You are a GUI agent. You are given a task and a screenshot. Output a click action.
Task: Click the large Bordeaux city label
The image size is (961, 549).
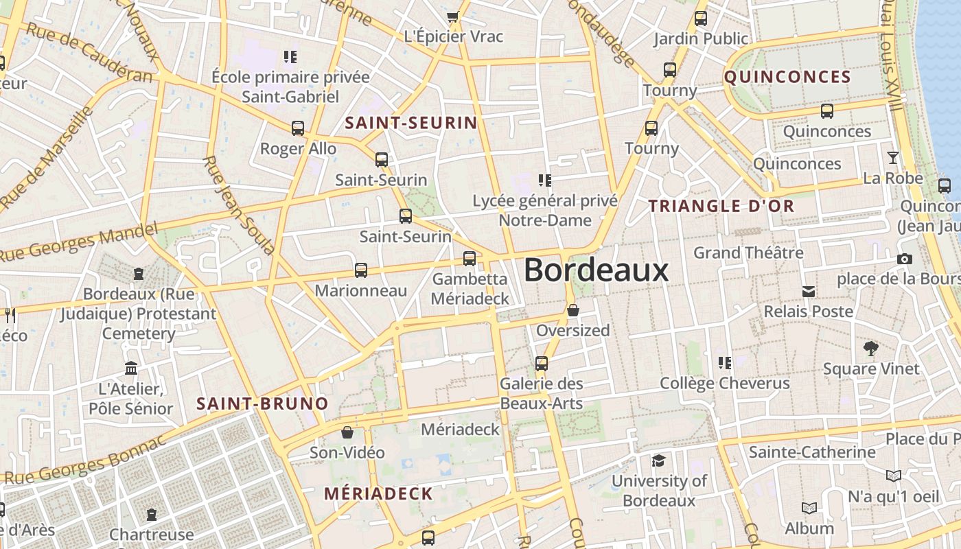tap(596, 270)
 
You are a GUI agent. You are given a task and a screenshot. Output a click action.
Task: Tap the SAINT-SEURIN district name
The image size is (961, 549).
tap(410, 124)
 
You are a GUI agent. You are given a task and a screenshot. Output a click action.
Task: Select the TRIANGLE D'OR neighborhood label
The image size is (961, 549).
tap(721, 206)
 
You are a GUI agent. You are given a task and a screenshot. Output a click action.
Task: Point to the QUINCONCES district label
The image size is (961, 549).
tap(787, 77)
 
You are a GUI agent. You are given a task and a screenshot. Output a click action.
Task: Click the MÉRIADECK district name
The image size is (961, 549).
tap(378, 493)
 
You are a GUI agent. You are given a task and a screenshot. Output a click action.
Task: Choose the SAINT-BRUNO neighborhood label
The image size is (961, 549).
tap(262, 404)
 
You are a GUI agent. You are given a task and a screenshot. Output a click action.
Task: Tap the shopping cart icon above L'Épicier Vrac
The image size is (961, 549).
tap(452, 17)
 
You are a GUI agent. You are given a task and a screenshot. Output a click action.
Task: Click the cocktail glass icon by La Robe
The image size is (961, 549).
tap(892, 158)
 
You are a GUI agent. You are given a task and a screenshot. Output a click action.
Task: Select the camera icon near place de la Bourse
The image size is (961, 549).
tap(905, 259)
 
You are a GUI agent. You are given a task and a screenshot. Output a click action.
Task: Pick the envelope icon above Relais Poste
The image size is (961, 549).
tap(809, 292)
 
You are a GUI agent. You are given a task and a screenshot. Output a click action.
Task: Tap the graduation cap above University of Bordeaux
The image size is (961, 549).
tap(658, 460)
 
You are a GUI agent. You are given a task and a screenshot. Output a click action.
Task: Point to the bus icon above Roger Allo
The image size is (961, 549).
tap(298, 128)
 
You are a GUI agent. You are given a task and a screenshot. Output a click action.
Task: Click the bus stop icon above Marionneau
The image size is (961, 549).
tap(361, 270)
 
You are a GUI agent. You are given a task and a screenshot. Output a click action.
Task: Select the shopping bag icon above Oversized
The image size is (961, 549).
tap(573, 311)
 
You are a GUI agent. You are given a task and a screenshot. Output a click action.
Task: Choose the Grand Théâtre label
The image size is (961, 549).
tap(748, 253)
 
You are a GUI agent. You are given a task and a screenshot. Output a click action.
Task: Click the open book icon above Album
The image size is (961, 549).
tap(809, 509)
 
